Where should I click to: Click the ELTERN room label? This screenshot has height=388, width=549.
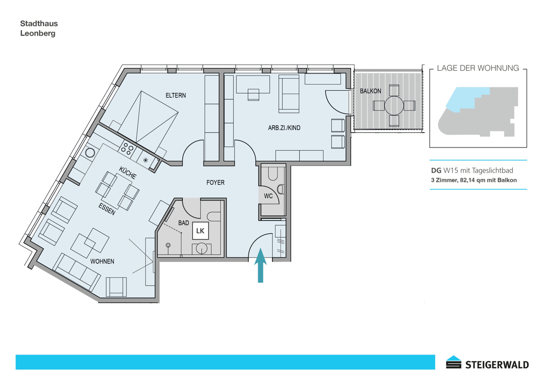coord(176,95)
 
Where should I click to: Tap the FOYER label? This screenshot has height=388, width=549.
coord(215,182)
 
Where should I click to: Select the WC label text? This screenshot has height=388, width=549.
coord(268,196)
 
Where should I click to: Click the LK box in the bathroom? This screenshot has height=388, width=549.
coord(200,231)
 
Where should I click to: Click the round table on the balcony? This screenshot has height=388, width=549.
coord(394,105)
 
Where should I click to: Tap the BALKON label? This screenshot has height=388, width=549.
coord(371,91)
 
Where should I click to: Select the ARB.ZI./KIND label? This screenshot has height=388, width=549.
coord(284,128)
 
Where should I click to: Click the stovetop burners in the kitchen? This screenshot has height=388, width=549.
coord(127,148)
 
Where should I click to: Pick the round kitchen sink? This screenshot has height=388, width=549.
coord(90,153)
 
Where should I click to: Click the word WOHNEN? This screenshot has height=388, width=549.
coord(102,261)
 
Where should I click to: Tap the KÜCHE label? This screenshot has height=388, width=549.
coord(128,173)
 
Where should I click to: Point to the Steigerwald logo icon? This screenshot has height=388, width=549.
coord(453,362)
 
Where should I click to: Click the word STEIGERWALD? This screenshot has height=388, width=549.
coord(497,365)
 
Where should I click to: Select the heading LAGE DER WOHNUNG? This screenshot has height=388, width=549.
coord(478,68)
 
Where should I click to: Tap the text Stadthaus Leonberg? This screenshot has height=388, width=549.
coord(39,28)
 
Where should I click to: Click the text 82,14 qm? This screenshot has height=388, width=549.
coord(473,180)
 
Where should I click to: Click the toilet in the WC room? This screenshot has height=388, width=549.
coord(273,173)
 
